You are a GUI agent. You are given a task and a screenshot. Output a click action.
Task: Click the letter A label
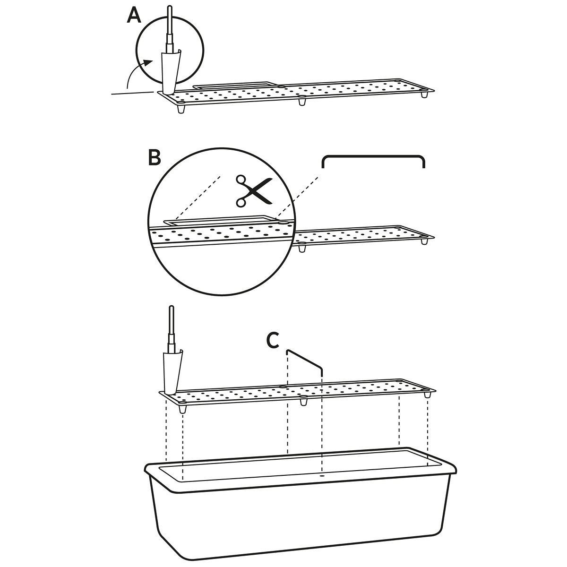click(134, 16)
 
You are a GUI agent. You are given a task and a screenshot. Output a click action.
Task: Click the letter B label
click(154, 157)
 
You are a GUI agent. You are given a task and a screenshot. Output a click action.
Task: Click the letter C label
click(273, 340)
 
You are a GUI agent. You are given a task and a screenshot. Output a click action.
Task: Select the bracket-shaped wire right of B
click(373, 156)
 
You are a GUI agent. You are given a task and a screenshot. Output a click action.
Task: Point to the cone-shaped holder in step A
click(171, 72)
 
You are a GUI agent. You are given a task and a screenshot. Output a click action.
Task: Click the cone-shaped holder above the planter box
click(172, 372)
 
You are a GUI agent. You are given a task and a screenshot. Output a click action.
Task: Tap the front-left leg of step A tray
click(182, 109)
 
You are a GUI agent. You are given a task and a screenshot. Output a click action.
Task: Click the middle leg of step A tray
click(302, 101)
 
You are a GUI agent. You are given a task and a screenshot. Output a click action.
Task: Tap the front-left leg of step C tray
click(183, 409)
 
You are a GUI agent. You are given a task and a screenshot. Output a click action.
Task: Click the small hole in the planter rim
click(322, 475)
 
